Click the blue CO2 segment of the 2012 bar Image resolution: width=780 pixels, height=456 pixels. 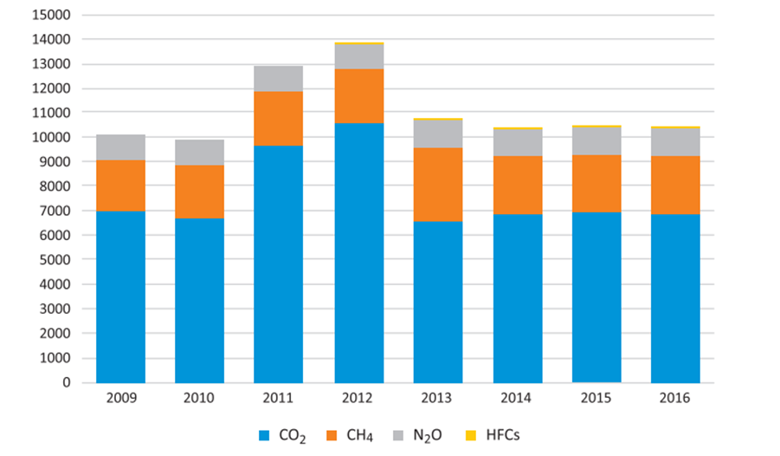[x=358, y=252]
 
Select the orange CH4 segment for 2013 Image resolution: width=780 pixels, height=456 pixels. [x=438, y=184]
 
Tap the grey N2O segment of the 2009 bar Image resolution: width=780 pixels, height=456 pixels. [x=120, y=147]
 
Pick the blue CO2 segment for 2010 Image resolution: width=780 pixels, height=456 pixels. [x=199, y=300]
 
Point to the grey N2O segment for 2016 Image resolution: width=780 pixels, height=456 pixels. [x=675, y=142]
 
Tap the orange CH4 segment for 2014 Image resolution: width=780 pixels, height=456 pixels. [x=518, y=185]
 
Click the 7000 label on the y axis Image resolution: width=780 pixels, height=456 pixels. [x=59, y=211]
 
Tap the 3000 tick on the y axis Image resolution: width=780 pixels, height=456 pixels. [x=59, y=309]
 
